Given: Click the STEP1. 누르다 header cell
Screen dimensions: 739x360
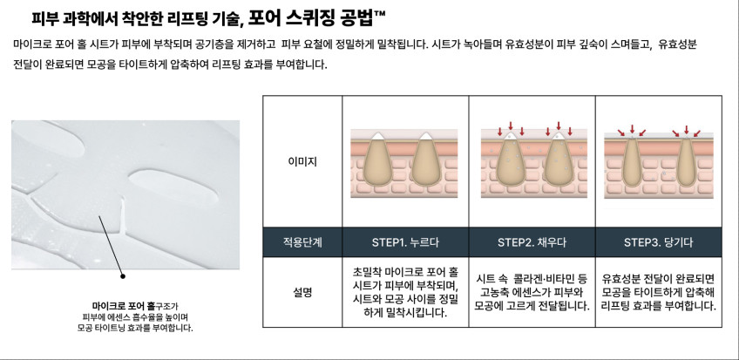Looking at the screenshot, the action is pos(405,242).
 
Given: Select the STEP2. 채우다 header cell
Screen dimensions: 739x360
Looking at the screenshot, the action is pos(532,242).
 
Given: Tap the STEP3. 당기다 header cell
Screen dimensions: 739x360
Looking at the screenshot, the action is pos(659,242).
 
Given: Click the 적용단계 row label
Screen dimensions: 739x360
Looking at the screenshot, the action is pos(302,242).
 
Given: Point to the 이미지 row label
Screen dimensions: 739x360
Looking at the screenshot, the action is pos(302,161).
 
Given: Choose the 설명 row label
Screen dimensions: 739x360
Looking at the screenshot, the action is pos(302,292).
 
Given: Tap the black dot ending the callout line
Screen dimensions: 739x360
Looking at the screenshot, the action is pos(123,276).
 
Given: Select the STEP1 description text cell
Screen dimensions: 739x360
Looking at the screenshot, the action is pos(405,292).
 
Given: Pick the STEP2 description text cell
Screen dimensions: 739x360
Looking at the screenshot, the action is pos(532,292).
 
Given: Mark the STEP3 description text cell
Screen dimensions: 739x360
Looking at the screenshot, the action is pos(659,292).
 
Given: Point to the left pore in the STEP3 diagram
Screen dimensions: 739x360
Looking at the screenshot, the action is pos(632,161).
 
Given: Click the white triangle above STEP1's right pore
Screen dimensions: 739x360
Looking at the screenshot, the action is pos(426,136).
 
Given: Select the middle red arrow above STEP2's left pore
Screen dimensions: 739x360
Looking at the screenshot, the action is pos(511,126).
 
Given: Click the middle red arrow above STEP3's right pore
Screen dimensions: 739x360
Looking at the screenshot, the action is pos(686,130).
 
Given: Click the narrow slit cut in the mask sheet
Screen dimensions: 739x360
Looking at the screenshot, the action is pos(123,217).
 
